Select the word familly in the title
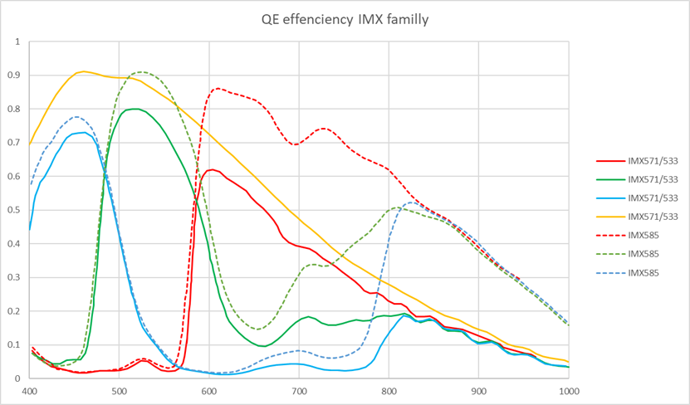click(406, 18)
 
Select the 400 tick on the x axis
click(30, 389)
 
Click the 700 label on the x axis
click(299, 389)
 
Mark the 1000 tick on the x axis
click(568, 389)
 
